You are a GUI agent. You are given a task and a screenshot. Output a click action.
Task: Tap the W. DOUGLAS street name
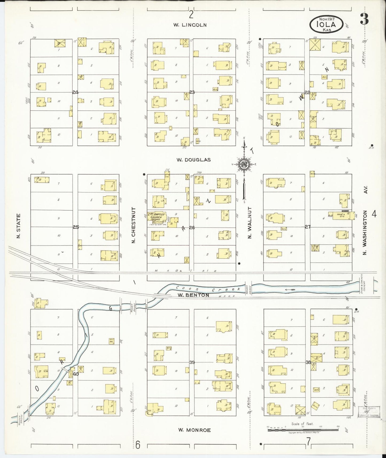click(x=193, y=160)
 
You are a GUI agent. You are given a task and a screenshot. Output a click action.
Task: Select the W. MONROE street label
click(x=194, y=430)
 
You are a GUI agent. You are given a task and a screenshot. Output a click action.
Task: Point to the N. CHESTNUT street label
click(x=133, y=225)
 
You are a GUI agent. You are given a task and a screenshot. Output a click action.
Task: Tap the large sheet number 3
click(x=364, y=19)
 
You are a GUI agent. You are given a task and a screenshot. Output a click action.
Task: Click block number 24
click(x=75, y=92)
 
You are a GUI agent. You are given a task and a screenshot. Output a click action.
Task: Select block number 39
click(x=192, y=362)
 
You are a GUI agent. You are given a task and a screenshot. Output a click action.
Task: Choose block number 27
click(x=308, y=227)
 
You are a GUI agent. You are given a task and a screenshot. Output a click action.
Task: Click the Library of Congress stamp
click(x=368, y=415)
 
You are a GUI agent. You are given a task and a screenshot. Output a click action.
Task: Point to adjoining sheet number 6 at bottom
click(x=138, y=445)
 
